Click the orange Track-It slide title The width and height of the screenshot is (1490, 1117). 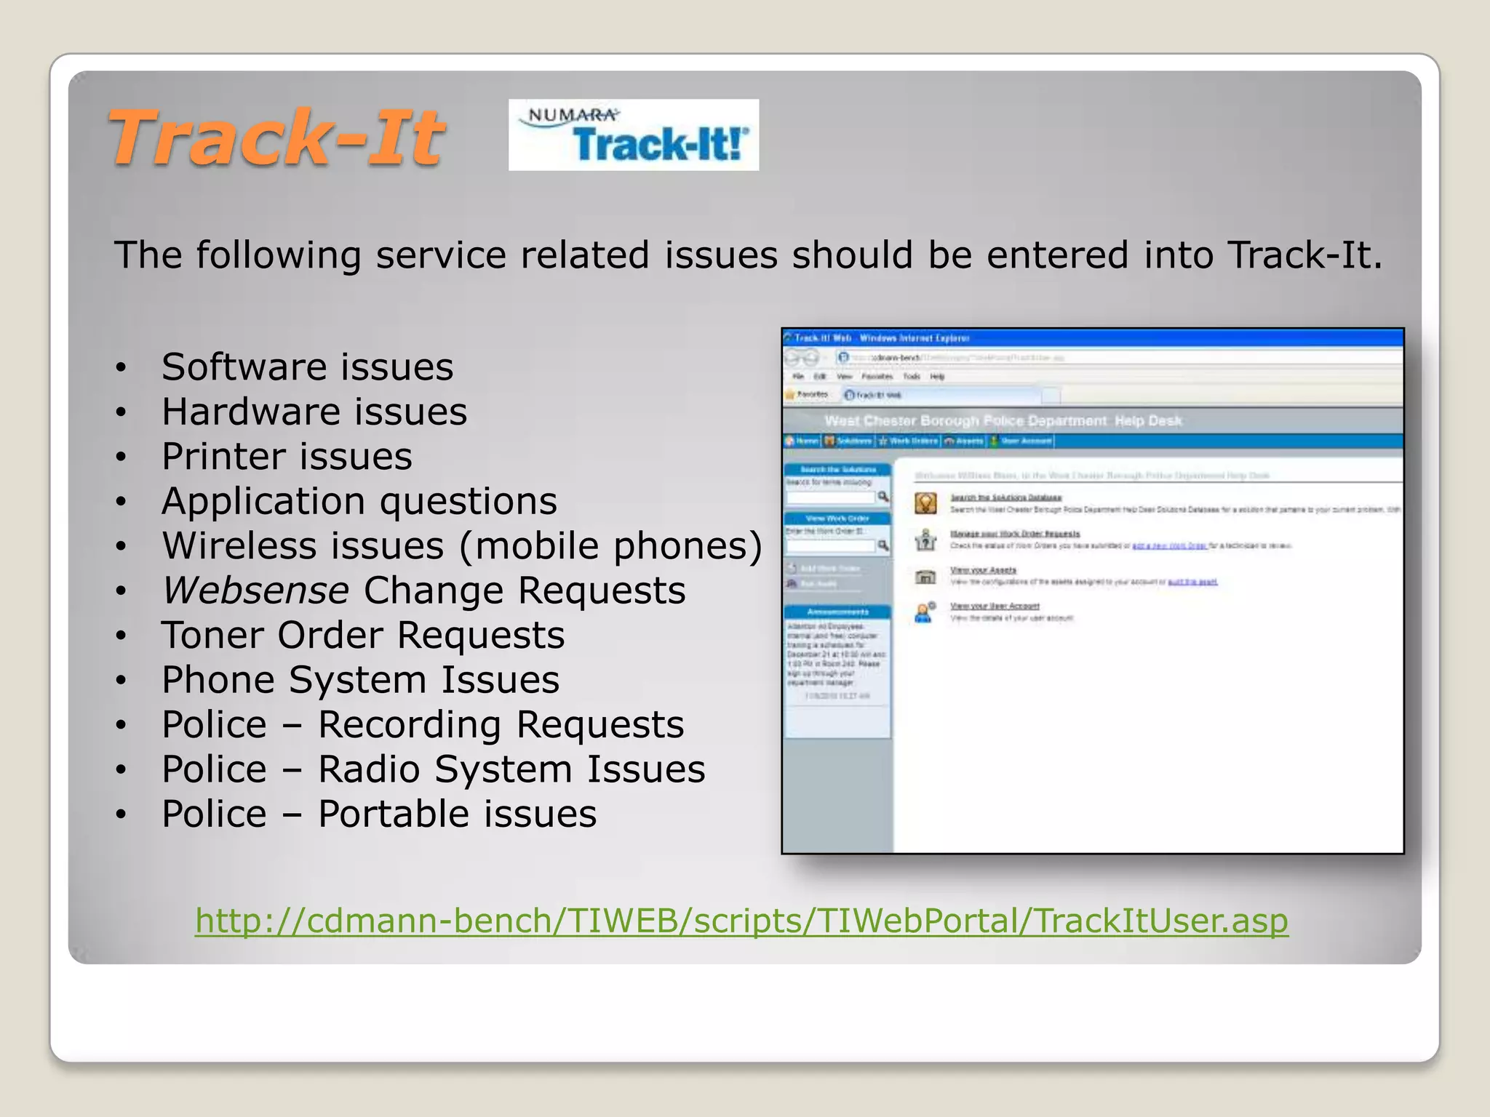[x=276, y=137]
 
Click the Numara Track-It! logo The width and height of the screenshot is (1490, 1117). [x=633, y=135]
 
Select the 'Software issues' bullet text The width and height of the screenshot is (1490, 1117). [x=307, y=367]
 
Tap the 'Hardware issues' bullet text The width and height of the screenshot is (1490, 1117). [x=314, y=412]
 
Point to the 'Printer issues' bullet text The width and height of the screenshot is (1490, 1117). [x=287, y=457]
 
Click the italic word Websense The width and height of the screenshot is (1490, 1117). [x=255, y=590]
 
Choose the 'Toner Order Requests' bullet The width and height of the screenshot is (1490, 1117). [x=363, y=636]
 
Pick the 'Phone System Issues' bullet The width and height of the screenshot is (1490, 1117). [x=360, y=680]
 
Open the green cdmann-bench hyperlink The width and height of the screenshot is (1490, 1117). [x=741, y=921]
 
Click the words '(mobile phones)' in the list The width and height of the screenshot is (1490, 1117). [x=610, y=546]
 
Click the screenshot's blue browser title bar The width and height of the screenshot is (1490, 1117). [x=1091, y=338]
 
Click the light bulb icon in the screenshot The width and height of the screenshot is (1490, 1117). [x=925, y=503]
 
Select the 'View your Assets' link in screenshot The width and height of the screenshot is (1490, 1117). [x=983, y=570]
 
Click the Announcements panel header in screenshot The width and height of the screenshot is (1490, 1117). [x=837, y=612]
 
